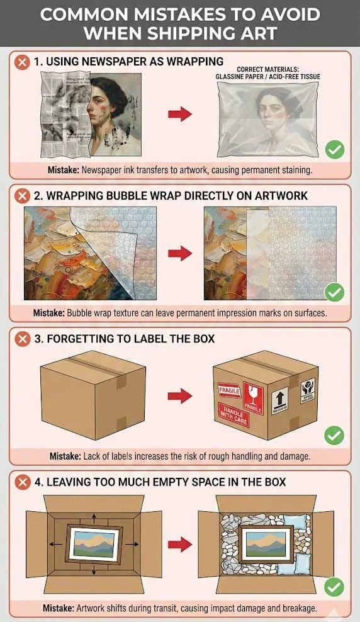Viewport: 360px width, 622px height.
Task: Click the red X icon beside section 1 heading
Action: (x=23, y=62)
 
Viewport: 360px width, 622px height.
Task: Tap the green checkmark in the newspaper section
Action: (x=334, y=150)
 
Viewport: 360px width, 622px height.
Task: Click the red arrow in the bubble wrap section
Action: (x=180, y=254)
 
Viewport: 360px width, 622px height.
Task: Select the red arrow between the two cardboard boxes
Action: (x=180, y=396)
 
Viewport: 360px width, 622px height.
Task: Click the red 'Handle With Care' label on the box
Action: (x=233, y=416)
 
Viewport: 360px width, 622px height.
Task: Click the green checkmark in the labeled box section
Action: (x=334, y=435)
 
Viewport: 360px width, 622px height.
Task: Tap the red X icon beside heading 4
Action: (x=23, y=482)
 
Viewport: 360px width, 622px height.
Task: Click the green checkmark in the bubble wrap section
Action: (x=334, y=292)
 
